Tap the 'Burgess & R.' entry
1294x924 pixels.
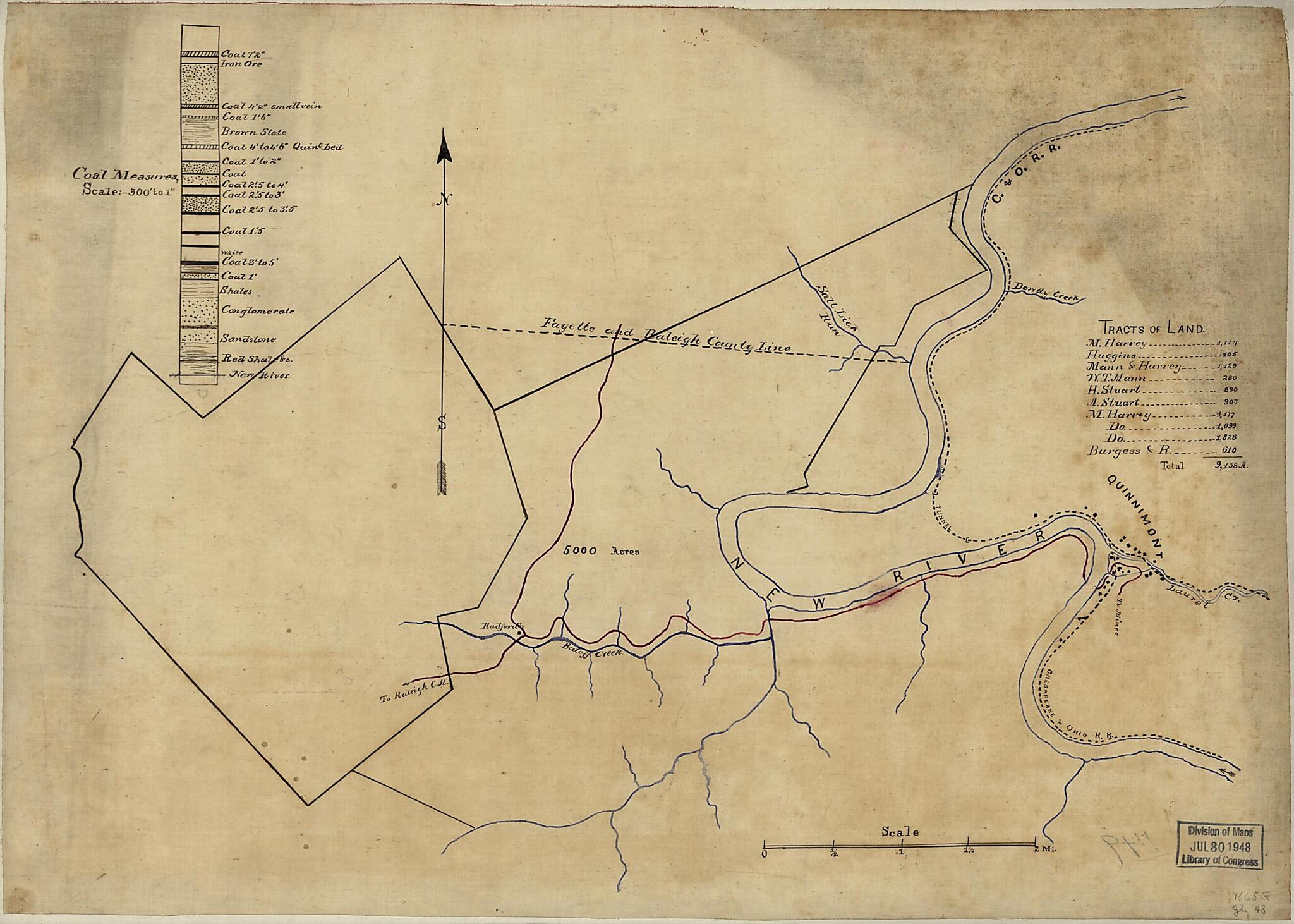(1118, 451)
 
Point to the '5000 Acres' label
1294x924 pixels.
(600, 550)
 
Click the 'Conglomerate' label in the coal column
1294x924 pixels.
(257, 310)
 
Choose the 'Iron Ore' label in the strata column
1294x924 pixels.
(241, 64)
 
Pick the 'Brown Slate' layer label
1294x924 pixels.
(253, 131)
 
